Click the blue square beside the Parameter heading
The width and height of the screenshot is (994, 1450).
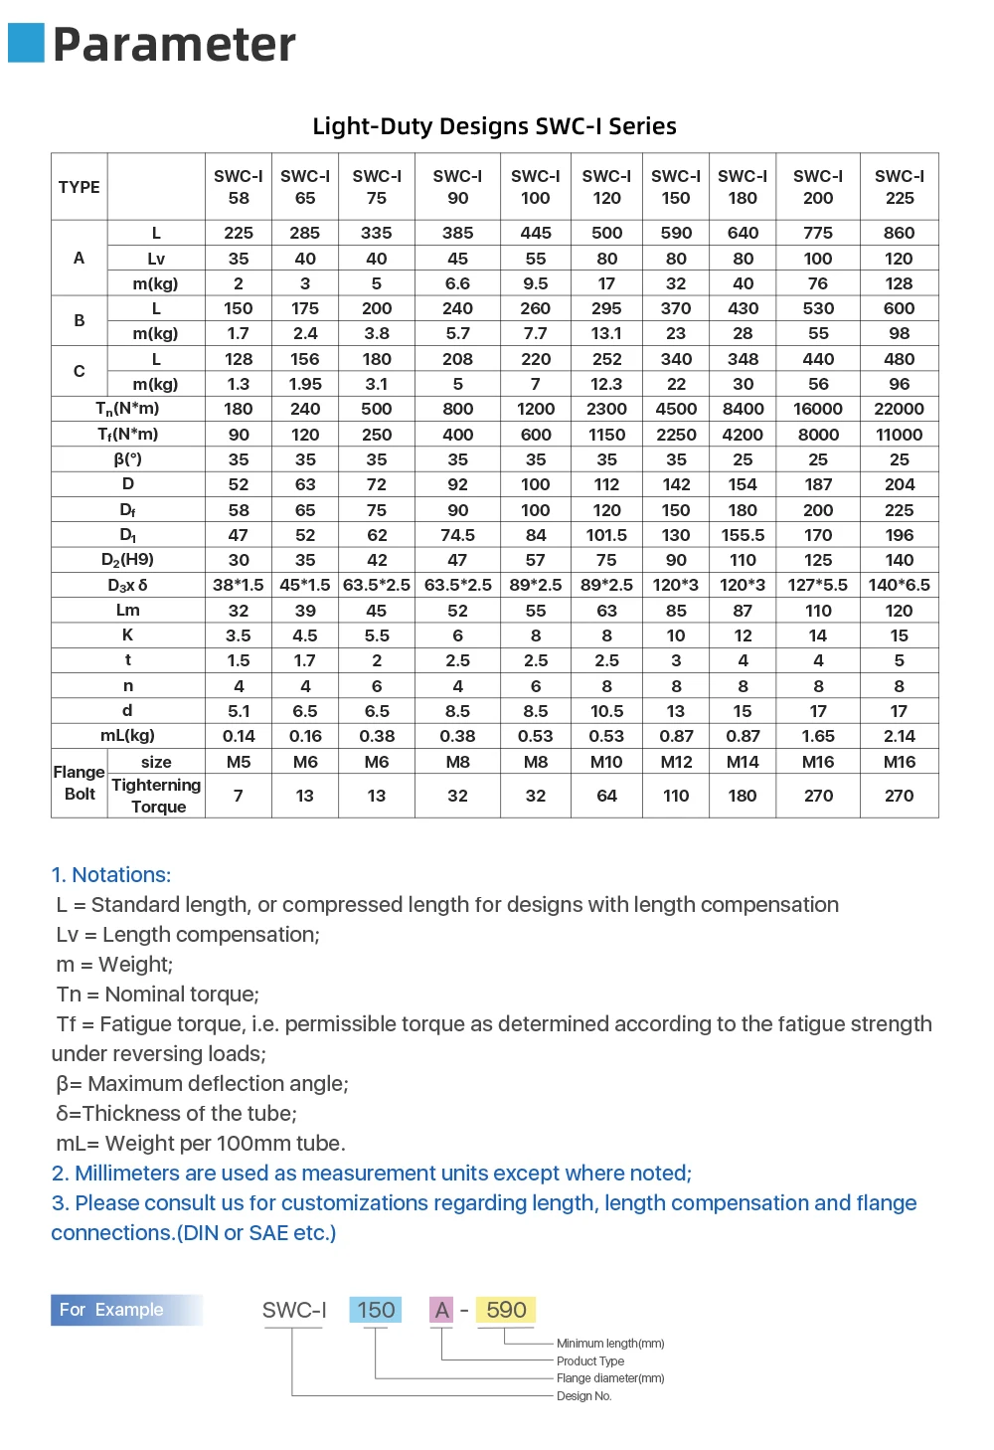pyautogui.click(x=26, y=43)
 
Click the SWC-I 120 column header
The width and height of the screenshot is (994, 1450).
pyautogui.click(x=606, y=187)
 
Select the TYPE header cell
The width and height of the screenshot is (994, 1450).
pyautogui.click(x=80, y=187)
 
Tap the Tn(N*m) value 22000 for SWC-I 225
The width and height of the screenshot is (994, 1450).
pyautogui.click(x=899, y=409)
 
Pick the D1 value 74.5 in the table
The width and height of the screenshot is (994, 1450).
pyautogui.click(x=457, y=535)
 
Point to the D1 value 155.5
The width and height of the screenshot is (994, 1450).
pyautogui.click(x=743, y=535)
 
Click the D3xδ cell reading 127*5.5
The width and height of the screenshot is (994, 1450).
pyautogui.click(x=818, y=585)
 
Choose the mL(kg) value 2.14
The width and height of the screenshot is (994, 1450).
pyautogui.click(x=899, y=736)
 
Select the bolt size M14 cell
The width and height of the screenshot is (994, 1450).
pyautogui.click(x=743, y=762)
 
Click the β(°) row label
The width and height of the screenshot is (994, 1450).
pyautogui.click(x=127, y=459)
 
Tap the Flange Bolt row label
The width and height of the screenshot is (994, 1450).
pyautogui.click(x=80, y=783)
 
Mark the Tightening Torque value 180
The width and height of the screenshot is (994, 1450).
pyautogui.click(x=743, y=796)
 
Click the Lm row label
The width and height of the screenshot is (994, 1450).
pyautogui.click(x=127, y=611)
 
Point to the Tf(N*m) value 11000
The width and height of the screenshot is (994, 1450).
pyautogui.click(x=899, y=435)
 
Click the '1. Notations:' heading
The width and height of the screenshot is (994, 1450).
pyautogui.click(x=111, y=875)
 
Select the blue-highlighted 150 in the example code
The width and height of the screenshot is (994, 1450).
pyautogui.click(x=376, y=1310)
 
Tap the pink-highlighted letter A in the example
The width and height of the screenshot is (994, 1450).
pyautogui.click(x=441, y=1310)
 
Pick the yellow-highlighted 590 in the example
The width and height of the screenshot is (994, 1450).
pyautogui.click(x=506, y=1310)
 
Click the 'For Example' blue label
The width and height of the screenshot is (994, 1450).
pyautogui.click(x=111, y=1310)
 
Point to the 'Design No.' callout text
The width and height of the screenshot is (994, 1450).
pyautogui.click(x=584, y=1396)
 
